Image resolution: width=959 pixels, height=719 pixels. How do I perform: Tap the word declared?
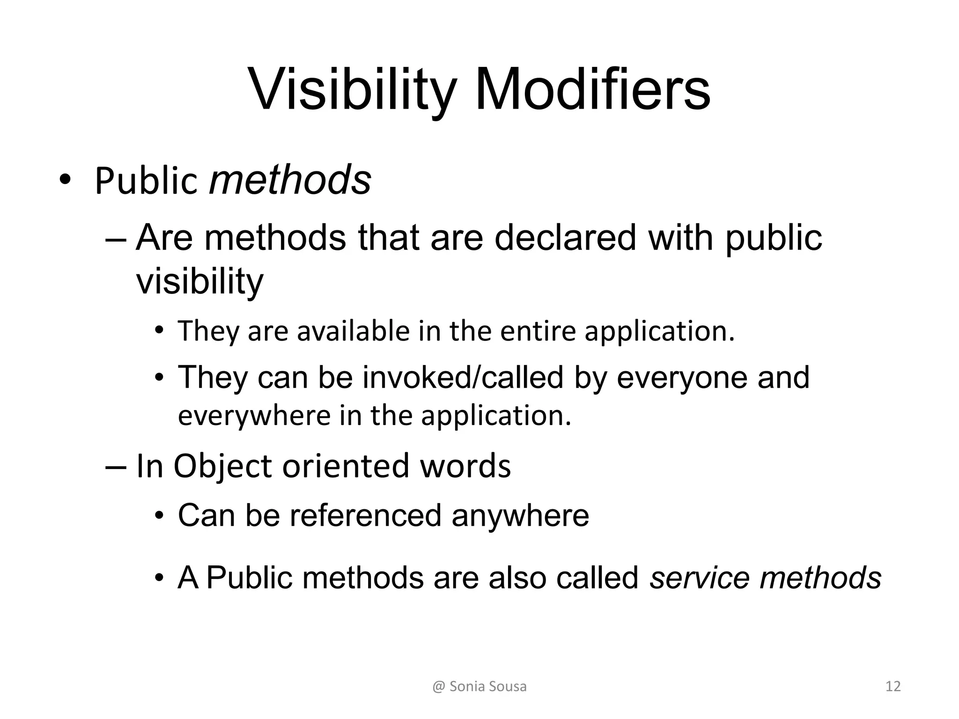click(565, 238)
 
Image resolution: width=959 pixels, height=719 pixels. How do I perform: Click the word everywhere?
click(254, 416)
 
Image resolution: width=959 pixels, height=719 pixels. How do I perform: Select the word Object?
click(223, 467)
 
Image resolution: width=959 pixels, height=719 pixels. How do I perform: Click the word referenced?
click(365, 515)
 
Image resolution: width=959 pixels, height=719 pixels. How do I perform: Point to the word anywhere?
click(520, 516)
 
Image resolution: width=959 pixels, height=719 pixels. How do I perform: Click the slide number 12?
click(893, 687)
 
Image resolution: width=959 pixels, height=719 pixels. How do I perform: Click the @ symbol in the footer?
click(439, 687)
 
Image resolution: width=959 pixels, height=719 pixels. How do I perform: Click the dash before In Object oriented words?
click(116, 467)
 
